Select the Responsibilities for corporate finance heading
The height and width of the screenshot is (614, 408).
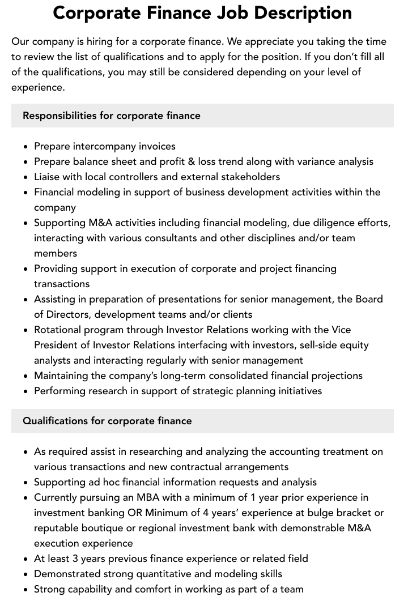click(x=112, y=116)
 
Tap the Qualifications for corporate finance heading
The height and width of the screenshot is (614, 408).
click(x=107, y=421)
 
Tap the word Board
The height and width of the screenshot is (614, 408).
click(x=369, y=299)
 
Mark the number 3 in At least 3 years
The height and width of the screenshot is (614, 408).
click(x=75, y=558)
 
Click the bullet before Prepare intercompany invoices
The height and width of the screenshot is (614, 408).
click(x=26, y=147)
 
